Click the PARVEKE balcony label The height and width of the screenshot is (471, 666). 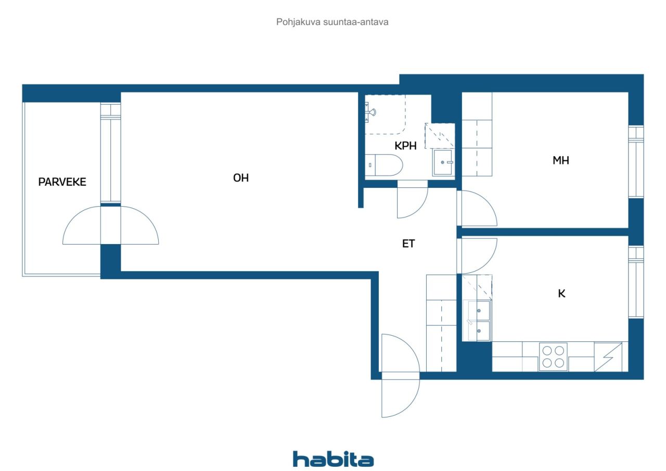pos(62,182)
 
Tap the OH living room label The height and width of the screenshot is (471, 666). pos(241,178)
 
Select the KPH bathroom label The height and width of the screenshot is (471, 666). pos(405,146)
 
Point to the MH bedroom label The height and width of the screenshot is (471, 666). pos(561,161)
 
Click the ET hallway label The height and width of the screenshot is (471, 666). pos(408,244)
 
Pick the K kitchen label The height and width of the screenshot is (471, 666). pos(561,294)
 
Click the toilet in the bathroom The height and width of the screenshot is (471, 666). pos(384,165)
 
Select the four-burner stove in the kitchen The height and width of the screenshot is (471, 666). pos(553,357)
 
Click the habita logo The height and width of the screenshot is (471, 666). pos(334,459)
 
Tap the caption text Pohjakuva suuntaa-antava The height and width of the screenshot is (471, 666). pos(332,22)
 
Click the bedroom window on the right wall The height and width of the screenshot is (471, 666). pos(636,162)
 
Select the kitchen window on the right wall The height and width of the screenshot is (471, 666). pos(636,282)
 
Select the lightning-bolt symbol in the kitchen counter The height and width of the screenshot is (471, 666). pos(608,357)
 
